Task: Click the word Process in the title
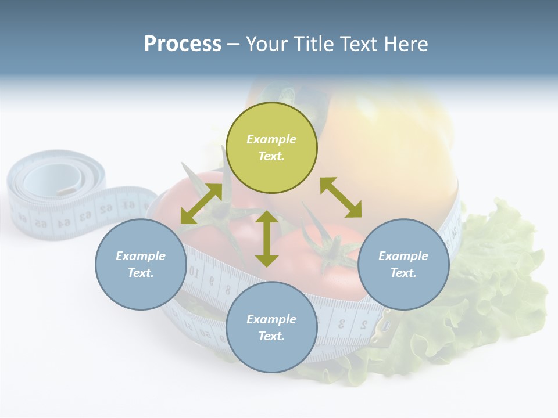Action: [x=183, y=44]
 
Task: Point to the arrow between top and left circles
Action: [x=201, y=204]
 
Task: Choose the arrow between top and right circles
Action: [x=341, y=197]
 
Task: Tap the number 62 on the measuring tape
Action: [x=106, y=208]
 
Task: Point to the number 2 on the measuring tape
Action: [x=363, y=325]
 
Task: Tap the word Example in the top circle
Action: [x=271, y=139]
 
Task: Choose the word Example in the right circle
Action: [x=403, y=256]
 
